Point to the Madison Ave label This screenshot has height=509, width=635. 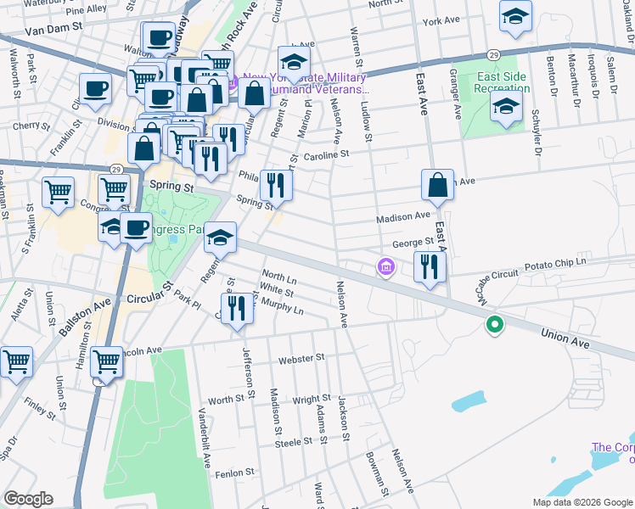coord(404,217)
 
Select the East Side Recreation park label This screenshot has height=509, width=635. coord(502,82)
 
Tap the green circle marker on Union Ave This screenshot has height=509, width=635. coord(493,324)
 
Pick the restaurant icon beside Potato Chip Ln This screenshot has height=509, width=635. coord(430,267)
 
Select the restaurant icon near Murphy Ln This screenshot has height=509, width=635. coord(237,308)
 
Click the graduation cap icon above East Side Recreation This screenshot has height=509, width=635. coord(514,18)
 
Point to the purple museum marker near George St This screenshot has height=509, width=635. coord(386,268)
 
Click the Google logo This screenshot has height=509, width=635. coord(28,499)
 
